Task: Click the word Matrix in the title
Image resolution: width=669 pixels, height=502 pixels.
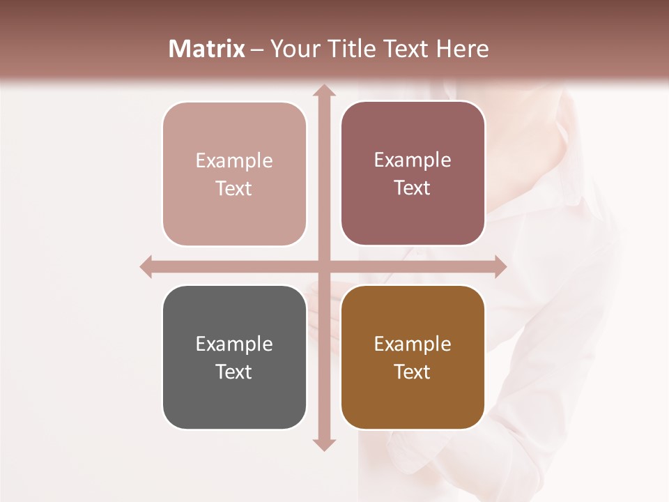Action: click(x=207, y=49)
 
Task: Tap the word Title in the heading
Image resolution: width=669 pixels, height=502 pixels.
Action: click(x=348, y=49)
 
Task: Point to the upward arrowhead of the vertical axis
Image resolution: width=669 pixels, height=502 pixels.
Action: click(x=323, y=91)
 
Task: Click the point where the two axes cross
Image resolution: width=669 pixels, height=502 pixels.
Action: click(x=323, y=267)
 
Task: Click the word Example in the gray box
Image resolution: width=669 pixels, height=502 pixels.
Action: click(x=234, y=344)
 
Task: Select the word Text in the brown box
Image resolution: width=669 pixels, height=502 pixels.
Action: click(x=413, y=372)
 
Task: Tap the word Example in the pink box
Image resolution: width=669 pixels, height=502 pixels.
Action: click(x=234, y=160)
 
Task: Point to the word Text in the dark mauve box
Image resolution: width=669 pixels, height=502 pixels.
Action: click(x=413, y=188)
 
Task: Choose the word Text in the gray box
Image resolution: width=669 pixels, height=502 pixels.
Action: click(x=234, y=372)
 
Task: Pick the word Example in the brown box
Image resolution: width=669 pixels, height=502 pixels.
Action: click(x=413, y=344)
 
